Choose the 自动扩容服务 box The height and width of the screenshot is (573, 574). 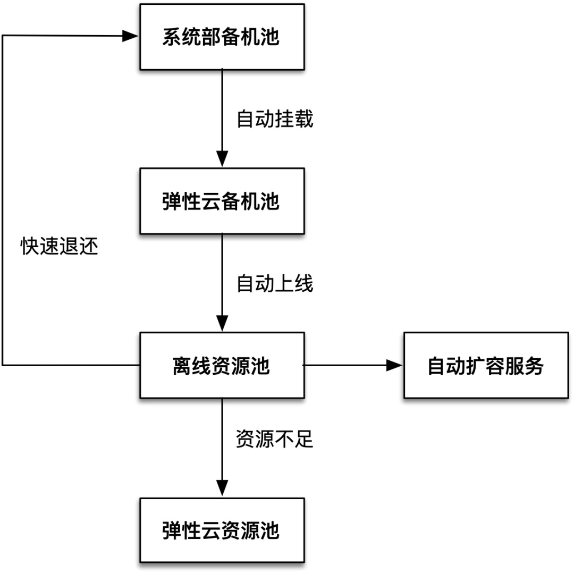tap(485, 366)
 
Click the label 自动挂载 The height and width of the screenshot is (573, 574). tap(275, 120)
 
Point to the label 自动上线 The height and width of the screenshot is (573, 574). tap(275, 284)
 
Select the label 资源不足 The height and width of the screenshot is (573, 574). tap(275, 441)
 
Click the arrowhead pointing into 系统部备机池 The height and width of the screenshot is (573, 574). tap(131, 36)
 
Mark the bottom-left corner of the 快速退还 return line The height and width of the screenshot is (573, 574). tap(3, 365)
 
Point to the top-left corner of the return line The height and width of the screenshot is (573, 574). tap(3, 36)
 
